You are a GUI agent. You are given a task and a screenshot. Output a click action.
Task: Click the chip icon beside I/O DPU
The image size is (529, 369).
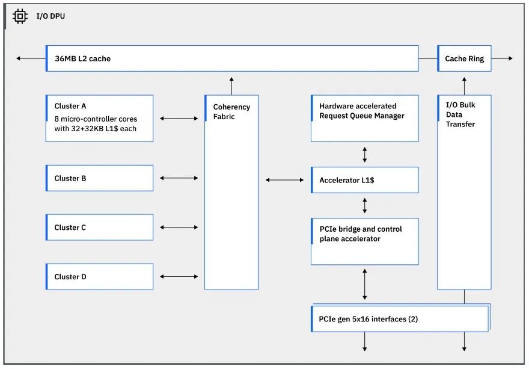(20, 16)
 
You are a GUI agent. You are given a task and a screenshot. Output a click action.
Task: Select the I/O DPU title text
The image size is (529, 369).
(50, 16)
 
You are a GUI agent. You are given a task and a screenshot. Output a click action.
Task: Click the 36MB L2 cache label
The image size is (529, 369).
(83, 58)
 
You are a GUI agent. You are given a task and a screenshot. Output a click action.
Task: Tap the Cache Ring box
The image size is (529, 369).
(464, 58)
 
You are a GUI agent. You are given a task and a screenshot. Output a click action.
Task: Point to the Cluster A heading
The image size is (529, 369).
(70, 106)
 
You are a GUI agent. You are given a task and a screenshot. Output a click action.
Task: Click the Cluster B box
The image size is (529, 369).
(100, 178)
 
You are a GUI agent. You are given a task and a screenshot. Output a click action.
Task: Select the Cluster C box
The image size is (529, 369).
(100, 228)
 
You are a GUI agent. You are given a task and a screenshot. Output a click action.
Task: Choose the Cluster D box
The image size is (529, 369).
(100, 277)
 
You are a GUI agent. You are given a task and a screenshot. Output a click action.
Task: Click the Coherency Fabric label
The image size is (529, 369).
(232, 111)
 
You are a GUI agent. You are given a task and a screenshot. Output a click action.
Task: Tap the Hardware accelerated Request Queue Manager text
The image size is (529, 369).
(362, 111)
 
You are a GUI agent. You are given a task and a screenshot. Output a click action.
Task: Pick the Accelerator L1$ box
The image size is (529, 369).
(365, 180)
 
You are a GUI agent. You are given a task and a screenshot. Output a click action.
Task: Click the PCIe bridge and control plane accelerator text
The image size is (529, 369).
(361, 234)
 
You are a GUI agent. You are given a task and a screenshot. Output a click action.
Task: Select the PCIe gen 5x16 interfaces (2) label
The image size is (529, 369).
(368, 319)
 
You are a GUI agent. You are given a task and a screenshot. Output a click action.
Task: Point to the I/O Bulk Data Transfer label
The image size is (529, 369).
(460, 114)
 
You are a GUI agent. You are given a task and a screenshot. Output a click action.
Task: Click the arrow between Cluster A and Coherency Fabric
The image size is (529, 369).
(179, 118)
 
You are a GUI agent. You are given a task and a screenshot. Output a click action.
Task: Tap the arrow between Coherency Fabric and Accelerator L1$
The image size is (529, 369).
(285, 180)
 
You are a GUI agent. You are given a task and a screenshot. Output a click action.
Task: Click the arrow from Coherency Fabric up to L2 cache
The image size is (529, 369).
(231, 86)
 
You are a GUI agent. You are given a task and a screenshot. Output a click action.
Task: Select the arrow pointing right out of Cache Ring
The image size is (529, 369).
(502, 58)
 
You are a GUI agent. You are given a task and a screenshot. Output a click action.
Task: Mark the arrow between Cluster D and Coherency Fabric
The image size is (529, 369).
(179, 277)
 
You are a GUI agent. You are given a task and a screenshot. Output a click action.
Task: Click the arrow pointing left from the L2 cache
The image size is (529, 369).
(31, 58)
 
